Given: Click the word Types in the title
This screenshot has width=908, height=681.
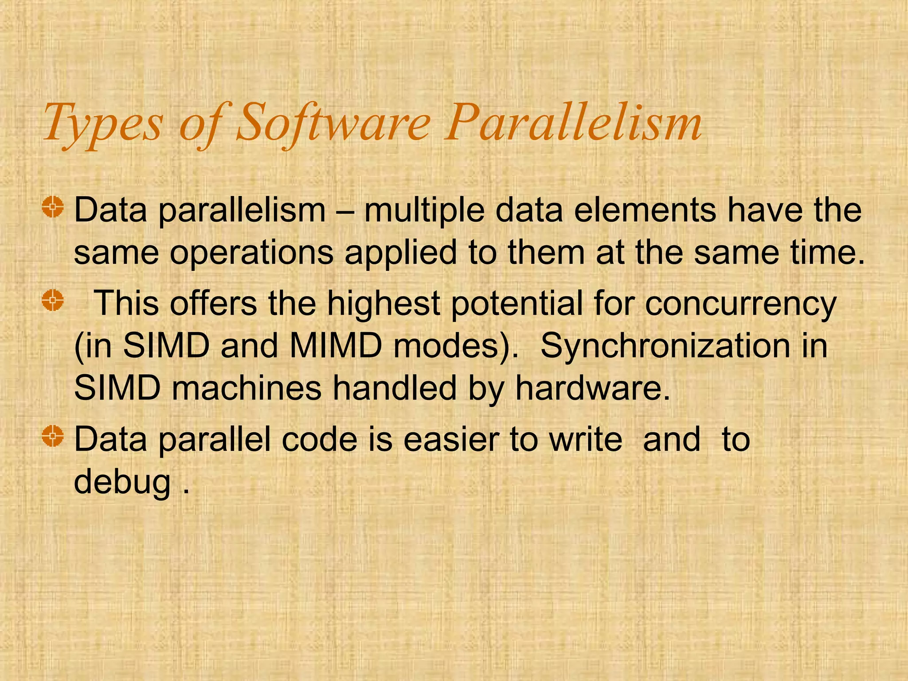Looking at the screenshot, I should pyautogui.click(x=103, y=123).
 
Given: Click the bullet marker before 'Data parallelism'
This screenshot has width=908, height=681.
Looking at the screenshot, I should pyautogui.click(x=53, y=207).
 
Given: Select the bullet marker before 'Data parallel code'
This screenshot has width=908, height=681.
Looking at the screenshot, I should pyautogui.click(x=53, y=436).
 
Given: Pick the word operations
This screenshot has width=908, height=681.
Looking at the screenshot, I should pyautogui.click(x=251, y=253).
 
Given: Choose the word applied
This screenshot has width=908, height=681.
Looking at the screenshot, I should pyautogui.click(x=401, y=253).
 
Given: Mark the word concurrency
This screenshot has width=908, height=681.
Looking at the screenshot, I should pyautogui.click(x=740, y=304).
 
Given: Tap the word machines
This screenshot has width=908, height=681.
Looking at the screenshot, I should pyautogui.click(x=247, y=388).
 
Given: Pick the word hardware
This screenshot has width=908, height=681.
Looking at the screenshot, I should pyautogui.click(x=592, y=388).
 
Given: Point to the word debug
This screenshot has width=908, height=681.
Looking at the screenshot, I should pyautogui.click(x=122, y=482).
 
